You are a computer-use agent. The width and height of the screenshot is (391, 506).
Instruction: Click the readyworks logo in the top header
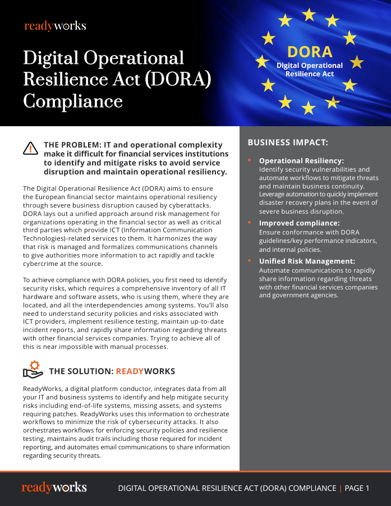tap(55, 26)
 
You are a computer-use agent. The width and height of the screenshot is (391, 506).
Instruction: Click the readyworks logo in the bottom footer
tap(54, 487)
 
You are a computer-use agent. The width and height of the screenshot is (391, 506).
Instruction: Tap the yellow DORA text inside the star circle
tap(310, 52)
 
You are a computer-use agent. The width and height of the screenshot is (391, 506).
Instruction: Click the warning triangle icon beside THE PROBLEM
tap(30, 148)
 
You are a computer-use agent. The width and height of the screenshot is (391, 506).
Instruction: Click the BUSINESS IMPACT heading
tap(288, 142)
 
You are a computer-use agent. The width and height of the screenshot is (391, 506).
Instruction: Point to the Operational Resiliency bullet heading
tap(301, 160)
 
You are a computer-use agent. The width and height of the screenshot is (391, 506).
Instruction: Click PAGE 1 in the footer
tap(357, 488)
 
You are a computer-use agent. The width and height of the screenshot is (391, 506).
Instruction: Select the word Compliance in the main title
tap(73, 101)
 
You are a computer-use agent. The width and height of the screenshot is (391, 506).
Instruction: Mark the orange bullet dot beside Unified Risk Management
tap(250, 261)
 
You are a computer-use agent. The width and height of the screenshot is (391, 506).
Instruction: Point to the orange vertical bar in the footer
tap(340, 488)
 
